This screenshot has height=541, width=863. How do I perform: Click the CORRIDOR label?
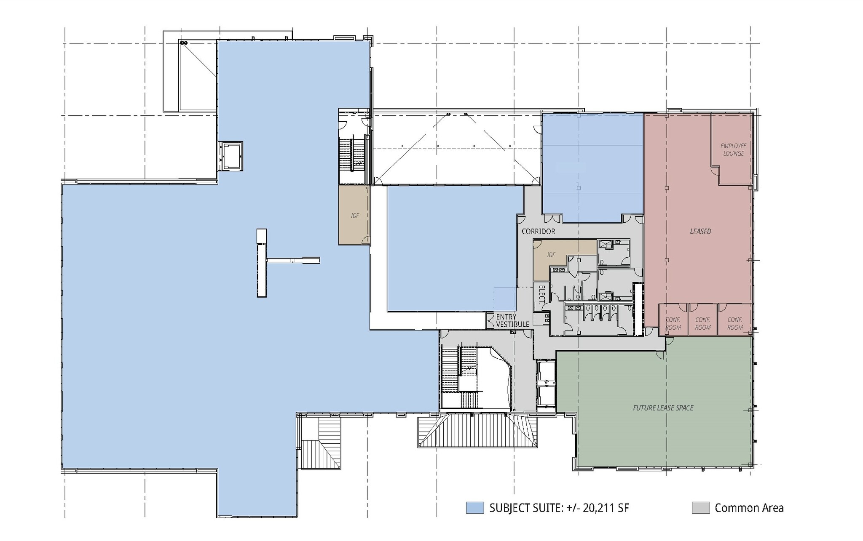coord(538,231)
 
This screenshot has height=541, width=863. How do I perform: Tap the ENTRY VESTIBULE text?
coord(512,321)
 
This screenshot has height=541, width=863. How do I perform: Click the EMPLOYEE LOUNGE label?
coord(733,149)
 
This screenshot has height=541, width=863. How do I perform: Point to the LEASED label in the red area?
coord(700,231)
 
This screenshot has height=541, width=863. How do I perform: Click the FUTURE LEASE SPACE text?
coord(663,408)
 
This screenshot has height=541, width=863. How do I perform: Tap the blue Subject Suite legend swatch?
coord(474,508)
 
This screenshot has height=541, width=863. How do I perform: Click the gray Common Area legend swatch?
coord(700,508)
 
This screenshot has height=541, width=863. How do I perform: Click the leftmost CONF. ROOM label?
coord(673,323)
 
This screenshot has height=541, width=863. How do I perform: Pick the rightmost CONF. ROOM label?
coord(735,323)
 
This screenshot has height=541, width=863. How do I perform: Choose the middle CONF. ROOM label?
coord(703,323)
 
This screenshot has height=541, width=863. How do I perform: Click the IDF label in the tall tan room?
coord(355,216)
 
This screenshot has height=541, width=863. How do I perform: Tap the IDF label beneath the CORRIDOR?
coord(551,255)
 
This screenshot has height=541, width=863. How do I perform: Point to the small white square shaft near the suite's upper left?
coord(231,156)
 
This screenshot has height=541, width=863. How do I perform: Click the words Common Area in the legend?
coord(749,508)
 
